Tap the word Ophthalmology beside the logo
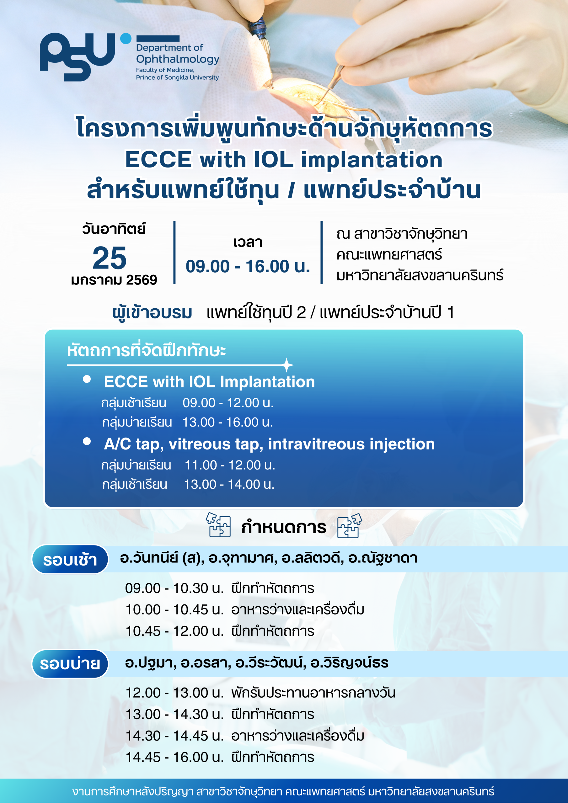pyautogui.click(x=178, y=59)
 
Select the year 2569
pyautogui.click(x=142, y=280)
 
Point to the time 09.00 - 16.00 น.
pyautogui.click(x=248, y=266)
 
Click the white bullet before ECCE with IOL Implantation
pyautogui.click(x=87, y=379)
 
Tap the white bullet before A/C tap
pyautogui.click(x=87, y=441)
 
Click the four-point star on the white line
pyautogui.click(x=287, y=365)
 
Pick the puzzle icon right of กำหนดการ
pyautogui.click(x=349, y=525)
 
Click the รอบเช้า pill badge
pyautogui.click(x=70, y=559)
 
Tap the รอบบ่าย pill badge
pyautogui.click(x=70, y=664)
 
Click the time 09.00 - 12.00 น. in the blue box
pyautogui.click(x=228, y=403)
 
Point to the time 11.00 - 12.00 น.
pyautogui.click(x=230, y=465)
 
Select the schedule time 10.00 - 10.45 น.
pyautogui.click(x=174, y=609)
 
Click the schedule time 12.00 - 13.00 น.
pyautogui.click(x=174, y=693)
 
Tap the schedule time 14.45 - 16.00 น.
pyautogui.click(x=174, y=757)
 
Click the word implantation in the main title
pyautogui.click(x=372, y=160)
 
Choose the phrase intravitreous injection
pyautogui.click(x=351, y=444)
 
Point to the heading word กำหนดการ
pyautogui.click(x=284, y=527)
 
